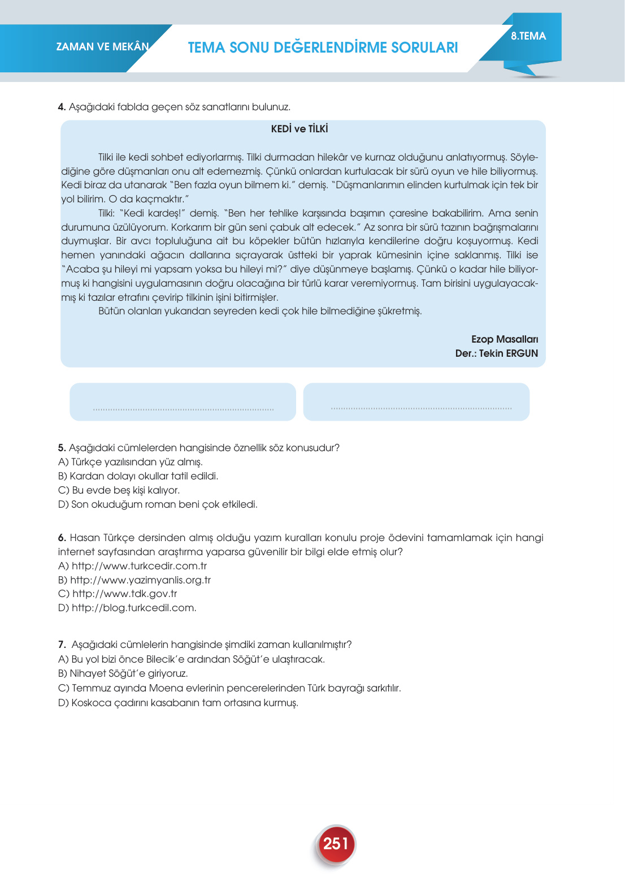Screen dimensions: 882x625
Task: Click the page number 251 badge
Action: (x=335, y=844)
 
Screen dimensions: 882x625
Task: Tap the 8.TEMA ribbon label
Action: (x=528, y=36)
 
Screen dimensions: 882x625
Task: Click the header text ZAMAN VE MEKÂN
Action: (x=102, y=47)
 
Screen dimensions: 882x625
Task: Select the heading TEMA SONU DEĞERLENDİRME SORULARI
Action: (x=323, y=47)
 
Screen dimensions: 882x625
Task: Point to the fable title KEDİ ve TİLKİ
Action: (x=300, y=129)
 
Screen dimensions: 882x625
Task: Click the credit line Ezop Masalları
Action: (x=505, y=339)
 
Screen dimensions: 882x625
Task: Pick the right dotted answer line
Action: (x=421, y=408)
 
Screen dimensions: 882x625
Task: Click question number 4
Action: (x=62, y=107)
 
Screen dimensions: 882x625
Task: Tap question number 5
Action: (x=62, y=448)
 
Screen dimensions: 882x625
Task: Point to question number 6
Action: (x=62, y=538)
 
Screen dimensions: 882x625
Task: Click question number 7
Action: (x=62, y=645)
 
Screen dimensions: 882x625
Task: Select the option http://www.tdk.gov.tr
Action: (x=124, y=594)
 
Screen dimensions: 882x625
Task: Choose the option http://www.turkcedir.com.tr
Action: (x=139, y=566)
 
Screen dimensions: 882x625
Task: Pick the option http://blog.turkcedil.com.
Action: (x=134, y=608)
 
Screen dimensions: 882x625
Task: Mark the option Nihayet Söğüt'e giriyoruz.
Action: (x=129, y=673)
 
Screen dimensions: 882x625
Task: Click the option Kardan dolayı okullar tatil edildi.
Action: (x=144, y=476)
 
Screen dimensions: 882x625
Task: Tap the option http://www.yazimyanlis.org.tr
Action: (x=140, y=580)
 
